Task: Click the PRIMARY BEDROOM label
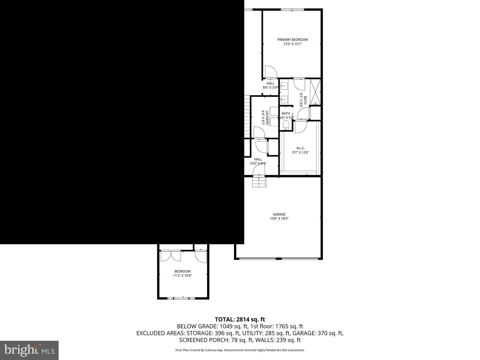coord(292,40)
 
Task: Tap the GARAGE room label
coord(279,214)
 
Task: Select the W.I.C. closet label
coord(300,148)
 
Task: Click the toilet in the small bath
coord(286,125)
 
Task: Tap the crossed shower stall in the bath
coord(315,91)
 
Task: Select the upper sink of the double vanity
coord(284,86)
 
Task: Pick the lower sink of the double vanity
coord(284,99)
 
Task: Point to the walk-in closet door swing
coord(301,127)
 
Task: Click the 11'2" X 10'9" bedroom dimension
coord(182,276)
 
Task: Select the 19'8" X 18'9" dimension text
coord(279,219)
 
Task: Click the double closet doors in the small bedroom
coord(170,256)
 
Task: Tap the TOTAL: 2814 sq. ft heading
coord(240,320)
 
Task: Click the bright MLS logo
coord(29,350)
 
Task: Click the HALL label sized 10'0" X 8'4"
coord(258,159)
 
